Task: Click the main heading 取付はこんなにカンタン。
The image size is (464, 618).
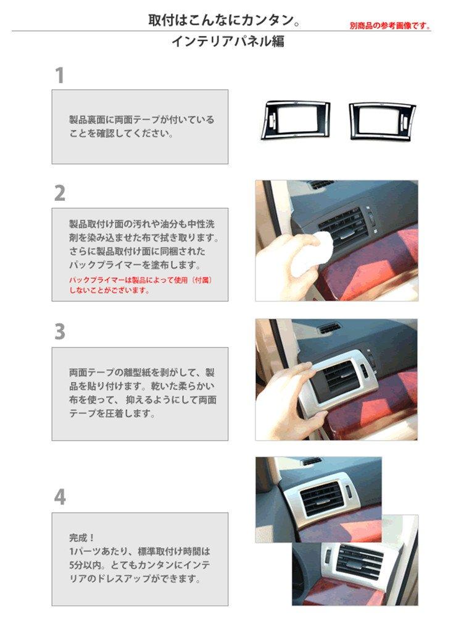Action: click(224, 20)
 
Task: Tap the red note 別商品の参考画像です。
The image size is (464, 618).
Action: click(389, 26)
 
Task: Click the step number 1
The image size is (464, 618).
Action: click(59, 76)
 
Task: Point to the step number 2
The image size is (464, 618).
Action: click(59, 193)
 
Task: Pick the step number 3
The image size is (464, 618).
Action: click(59, 332)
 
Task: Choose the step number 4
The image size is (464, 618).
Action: click(59, 497)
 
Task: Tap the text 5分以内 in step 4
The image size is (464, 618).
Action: click(86, 565)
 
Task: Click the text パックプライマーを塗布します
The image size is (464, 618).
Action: click(135, 265)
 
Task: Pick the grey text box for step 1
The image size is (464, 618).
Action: click(139, 127)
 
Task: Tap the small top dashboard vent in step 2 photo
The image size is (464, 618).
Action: click(321, 185)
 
